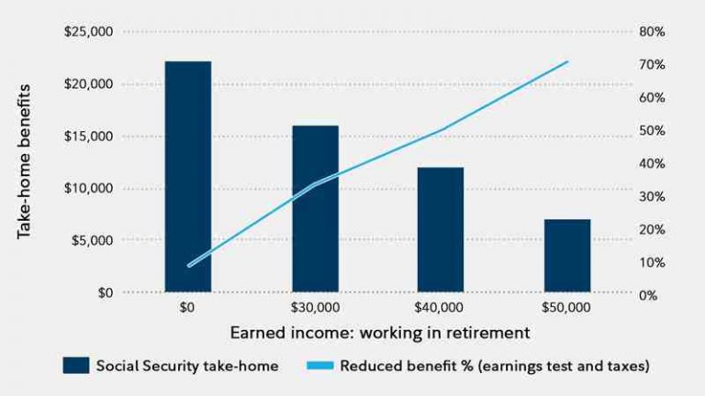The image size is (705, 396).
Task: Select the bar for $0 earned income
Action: pyautogui.click(x=188, y=176)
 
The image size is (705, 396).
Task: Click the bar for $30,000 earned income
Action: pyautogui.click(x=315, y=209)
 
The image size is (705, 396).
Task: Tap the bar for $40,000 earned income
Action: pyautogui.click(x=441, y=229)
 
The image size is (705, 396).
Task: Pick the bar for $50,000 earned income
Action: pyautogui.click(x=567, y=256)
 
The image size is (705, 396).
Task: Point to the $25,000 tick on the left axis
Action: pyautogui.click(x=88, y=32)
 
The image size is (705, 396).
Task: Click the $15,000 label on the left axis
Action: pyautogui.click(x=88, y=136)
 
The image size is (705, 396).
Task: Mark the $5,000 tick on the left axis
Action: pyautogui.click(x=92, y=240)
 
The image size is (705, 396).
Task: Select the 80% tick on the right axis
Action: pyautogui.click(x=652, y=32)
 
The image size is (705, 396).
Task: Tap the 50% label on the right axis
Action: pyautogui.click(x=652, y=131)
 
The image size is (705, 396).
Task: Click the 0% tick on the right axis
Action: pyautogui.click(x=648, y=295)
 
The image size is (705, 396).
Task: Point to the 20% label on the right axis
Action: pyautogui.click(x=652, y=229)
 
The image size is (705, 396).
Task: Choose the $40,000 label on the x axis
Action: pyautogui.click(x=439, y=308)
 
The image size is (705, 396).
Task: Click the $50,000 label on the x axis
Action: pyautogui.click(x=566, y=308)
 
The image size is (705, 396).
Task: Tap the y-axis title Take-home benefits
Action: pyautogui.click(x=24, y=161)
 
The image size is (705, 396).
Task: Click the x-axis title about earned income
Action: pyautogui.click(x=380, y=333)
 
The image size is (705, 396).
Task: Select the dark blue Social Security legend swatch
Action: pyautogui.click(x=76, y=366)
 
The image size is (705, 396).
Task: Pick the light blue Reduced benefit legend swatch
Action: pyautogui.click(x=320, y=366)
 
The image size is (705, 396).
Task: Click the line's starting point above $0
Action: pyautogui.click(x=189, y=265)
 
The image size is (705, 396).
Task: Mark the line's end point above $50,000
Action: pyautogui.click(x=567, y=61)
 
